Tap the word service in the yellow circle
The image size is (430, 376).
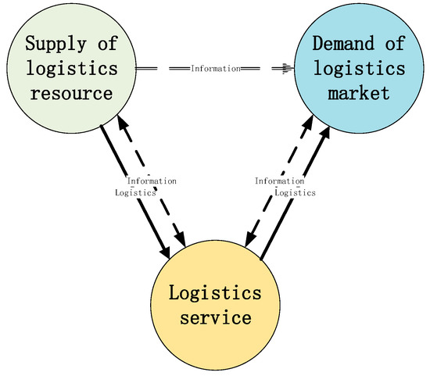point(213,318)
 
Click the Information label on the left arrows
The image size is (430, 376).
point(152,181)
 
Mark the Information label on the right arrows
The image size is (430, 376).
point(279,181)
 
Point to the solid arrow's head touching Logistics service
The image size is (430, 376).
point(166,252)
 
